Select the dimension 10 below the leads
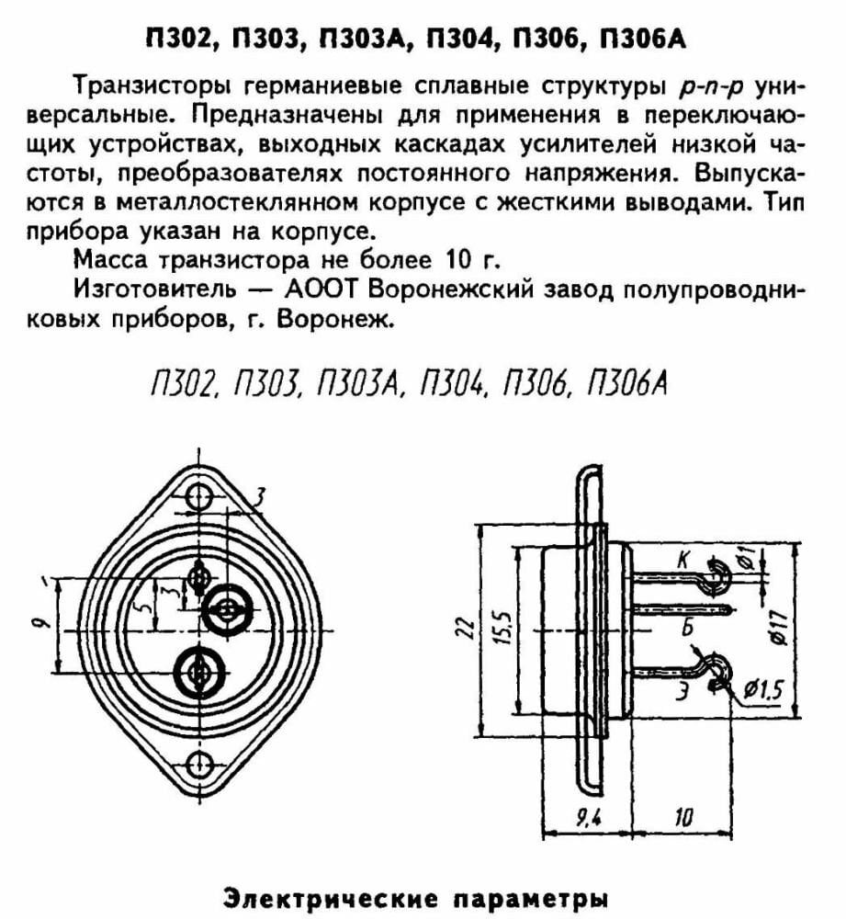point(682,816)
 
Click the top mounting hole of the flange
point(198,497)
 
